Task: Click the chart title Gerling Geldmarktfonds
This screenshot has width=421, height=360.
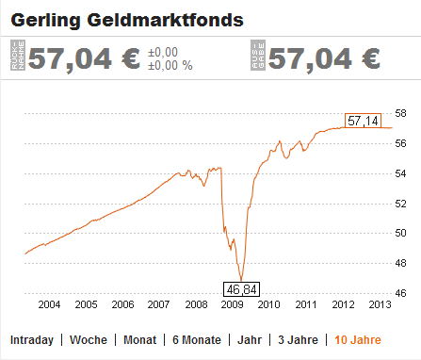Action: (128, 18)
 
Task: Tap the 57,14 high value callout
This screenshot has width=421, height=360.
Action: (363, 122)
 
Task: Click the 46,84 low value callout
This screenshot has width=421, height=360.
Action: (241, 288)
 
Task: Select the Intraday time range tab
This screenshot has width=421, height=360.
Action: (31, 339)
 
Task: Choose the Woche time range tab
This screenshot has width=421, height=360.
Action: (88, 339)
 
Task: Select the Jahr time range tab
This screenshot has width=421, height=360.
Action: (249, 339)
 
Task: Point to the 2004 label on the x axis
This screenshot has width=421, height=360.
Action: (49, 304)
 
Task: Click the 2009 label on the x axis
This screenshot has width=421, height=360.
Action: (232, 304)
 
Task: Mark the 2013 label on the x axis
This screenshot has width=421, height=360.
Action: (379, 304)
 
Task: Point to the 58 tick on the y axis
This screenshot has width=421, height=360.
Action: (399, 113)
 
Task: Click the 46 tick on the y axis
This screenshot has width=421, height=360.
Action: (399, 293)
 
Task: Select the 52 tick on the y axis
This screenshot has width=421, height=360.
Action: (399, 203)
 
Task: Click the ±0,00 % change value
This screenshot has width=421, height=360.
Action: (170, 66)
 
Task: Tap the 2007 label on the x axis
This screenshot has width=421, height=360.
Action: (158, 304)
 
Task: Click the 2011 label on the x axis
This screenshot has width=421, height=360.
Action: (305, 304)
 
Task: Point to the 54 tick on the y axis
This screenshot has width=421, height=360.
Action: (399, 172)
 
